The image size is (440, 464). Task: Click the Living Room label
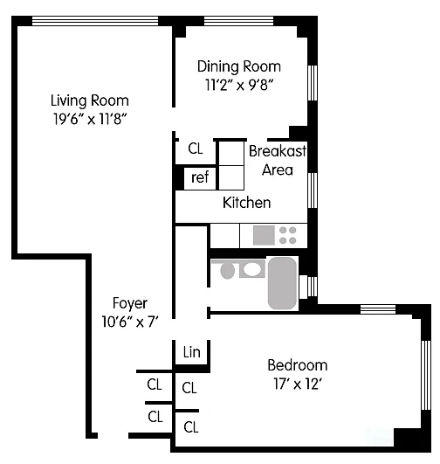tap(90, 100)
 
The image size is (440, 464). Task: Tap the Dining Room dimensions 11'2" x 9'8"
tap(238, 86)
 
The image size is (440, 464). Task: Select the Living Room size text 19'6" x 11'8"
tap(90, 119)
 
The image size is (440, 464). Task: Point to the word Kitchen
tap(246, 203)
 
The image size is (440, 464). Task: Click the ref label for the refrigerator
tap(200, 177)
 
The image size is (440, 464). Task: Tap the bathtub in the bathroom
tap(282, 283)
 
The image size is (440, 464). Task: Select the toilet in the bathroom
tap(227, 270)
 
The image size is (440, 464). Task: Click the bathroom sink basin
tap(251, 270)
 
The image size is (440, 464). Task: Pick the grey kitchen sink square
tap(264, 235)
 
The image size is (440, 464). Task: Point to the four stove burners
tap(288, 235)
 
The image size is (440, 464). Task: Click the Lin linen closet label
tap(191, 352)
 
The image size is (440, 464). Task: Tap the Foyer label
tap(130, 303)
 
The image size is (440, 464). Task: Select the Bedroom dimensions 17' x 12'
tap(298, 384)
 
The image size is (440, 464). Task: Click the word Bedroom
tap(298, 365)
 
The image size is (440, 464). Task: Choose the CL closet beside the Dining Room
tap(196, 149)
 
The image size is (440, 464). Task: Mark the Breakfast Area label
tap(278, 161)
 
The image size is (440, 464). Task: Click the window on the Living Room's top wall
tap(95, 21)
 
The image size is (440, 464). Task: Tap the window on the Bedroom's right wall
tap(426, 375)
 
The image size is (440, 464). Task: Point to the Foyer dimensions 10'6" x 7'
tap(130, 322)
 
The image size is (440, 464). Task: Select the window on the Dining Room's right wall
tap(313, 83)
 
